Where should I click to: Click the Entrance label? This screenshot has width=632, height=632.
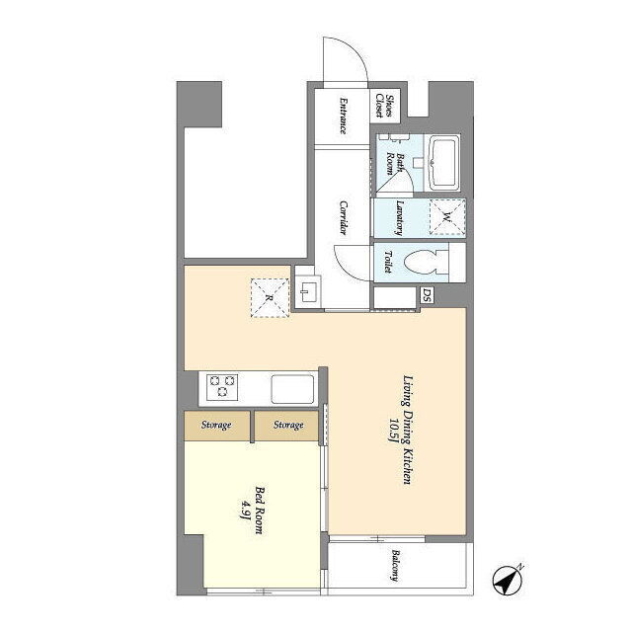click(343, 116)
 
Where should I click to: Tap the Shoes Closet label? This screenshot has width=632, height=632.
click(384, 106)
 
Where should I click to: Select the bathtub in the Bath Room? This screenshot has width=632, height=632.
click(443, 163)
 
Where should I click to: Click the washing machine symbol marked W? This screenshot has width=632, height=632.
click(447, 217)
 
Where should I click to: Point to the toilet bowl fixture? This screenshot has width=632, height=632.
click(426, 262)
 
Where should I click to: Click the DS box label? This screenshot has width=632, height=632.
click(427, 296)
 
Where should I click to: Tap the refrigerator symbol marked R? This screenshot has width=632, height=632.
click(270, 297)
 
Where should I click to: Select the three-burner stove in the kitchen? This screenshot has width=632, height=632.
click(222, 387)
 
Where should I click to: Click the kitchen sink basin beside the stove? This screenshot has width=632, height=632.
click(292, 389)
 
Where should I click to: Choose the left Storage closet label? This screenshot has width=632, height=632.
click(216, 425)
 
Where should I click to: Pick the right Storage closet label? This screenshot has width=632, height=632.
click(288, 425)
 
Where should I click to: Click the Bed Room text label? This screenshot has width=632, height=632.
click(259, 511)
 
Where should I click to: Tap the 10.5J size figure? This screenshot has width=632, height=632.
click(394, 431)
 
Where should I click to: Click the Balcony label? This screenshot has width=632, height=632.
click(396, 566)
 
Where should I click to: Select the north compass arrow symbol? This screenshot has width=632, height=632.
click(508, 580)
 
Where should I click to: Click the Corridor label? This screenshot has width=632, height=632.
click(343, 217)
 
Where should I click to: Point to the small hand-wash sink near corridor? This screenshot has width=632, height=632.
click(309, 291)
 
